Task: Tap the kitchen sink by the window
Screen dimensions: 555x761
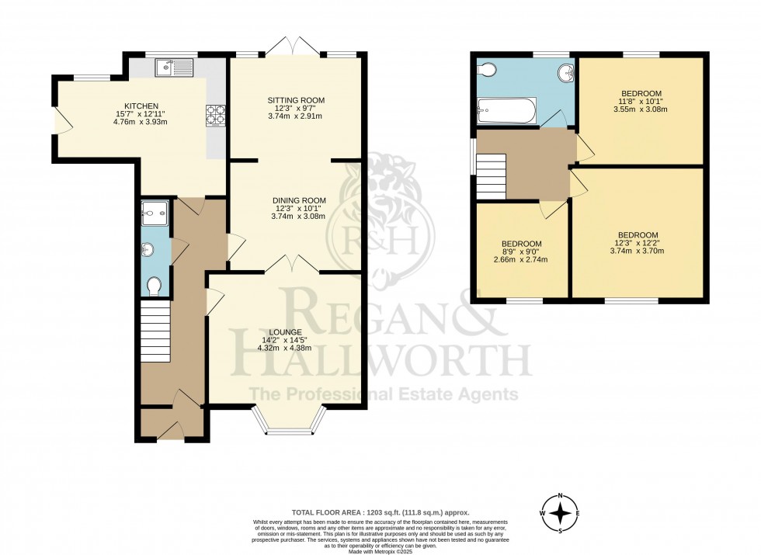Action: point(175,69)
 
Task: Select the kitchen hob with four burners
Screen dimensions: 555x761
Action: point(215,115)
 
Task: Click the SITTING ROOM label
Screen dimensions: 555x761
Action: point(296,100)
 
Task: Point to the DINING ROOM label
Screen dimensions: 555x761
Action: point(299,200)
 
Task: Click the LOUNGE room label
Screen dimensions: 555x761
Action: point(287,332)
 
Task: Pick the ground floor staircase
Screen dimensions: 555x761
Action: point(155,331)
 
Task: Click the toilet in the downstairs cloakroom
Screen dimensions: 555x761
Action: point(154,286)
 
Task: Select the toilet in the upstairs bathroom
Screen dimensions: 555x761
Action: point(487,71)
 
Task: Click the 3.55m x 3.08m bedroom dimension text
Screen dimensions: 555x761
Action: point(641,109)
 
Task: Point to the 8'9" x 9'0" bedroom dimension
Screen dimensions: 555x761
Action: point(521,251)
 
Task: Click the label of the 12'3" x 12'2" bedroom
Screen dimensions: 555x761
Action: point(638,235)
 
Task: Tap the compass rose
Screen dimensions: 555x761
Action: point(559,512)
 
